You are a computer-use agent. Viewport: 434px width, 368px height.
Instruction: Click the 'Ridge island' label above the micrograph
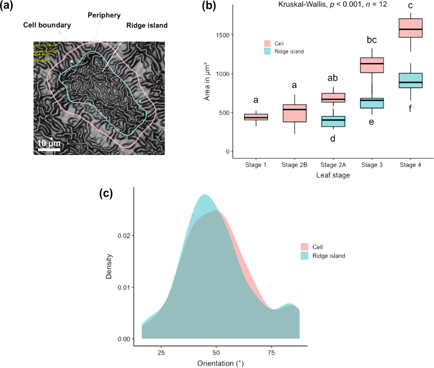[x=147, y=25]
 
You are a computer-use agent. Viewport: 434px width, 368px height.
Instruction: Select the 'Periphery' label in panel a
[x=102, y=15]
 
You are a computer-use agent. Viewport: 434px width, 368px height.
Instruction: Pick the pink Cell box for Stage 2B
[x=295, y=113]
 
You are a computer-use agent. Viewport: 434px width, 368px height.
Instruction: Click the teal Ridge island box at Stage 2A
[x=333, y=121]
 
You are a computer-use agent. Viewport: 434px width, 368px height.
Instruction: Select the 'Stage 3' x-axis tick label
[x=371, y=164]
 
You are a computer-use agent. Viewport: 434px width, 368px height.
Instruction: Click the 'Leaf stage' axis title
[x=333, y=175]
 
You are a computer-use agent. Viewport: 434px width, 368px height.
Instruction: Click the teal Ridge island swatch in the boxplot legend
[x=267, y=51]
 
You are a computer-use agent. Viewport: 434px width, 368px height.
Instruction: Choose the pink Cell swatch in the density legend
[x=305, y=246]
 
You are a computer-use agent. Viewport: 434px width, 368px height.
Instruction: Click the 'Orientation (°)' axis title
[x=220, y=363]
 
